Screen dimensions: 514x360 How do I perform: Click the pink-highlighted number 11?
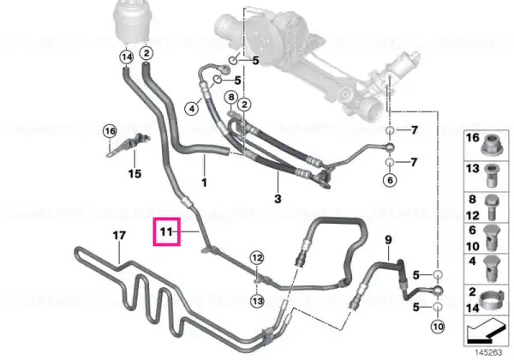pos(166,231)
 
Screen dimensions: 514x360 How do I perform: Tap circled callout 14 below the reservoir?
pos(127,57)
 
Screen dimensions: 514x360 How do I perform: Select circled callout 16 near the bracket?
pos(110,131)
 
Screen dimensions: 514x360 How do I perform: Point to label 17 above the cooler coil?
pos(119,236)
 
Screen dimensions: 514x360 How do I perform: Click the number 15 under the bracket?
pos(134,173)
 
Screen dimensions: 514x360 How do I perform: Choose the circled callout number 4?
pos(192,108)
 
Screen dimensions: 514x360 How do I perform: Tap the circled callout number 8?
pos(231,97)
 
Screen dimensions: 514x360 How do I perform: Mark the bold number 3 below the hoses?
pos(278,199)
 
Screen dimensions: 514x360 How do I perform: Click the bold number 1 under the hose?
pos(204,183)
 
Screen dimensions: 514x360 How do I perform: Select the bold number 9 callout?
pos(388,240)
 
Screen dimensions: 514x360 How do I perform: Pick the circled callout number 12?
pos(257,258)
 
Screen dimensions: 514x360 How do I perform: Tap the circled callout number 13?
pos(257,301)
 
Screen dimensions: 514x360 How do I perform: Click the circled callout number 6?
pos(390,180)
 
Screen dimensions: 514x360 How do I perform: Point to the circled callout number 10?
pos(438,327)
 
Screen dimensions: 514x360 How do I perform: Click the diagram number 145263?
pos(488,352)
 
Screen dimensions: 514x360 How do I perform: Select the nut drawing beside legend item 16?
pos(491,145)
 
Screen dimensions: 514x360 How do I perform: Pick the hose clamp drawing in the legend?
pos(491,299)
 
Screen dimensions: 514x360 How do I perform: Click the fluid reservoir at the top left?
pos(130,21)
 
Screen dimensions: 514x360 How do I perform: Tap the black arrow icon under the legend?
pos(485,331)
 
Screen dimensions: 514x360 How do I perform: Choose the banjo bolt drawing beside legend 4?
pos(491,269)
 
